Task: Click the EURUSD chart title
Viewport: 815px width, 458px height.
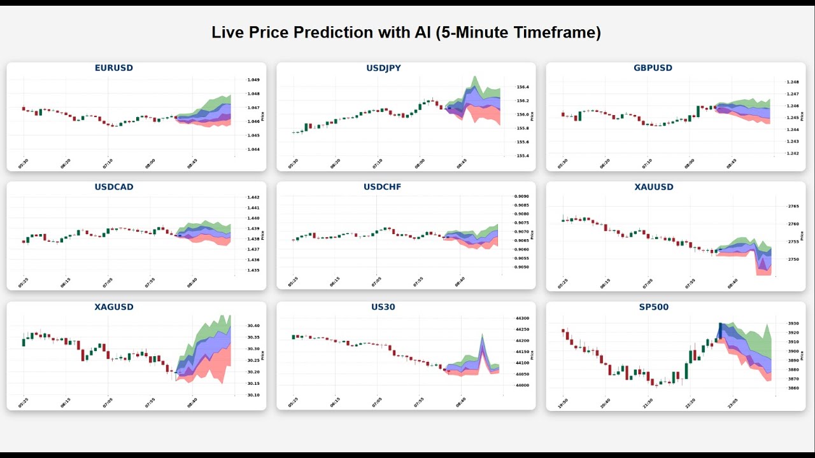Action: click(114, 68)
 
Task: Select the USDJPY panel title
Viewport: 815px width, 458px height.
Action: click(383, 68)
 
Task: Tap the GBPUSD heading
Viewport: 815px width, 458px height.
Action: click(653, 68)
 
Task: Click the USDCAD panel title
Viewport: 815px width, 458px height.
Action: click(114, 188)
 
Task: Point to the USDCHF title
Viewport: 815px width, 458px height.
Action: click(383, 188)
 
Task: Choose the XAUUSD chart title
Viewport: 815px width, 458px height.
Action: click(653, 188)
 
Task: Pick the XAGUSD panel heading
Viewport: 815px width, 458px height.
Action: click(114, 307)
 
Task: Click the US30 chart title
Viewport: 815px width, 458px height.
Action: click(383, 307)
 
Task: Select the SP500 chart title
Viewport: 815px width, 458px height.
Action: click(653, 307)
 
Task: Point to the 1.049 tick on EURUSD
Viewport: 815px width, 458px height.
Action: click(253, 80)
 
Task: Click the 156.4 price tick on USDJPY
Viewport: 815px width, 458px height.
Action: click(522, 87)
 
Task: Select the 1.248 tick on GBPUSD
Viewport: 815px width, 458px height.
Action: click(792, 82)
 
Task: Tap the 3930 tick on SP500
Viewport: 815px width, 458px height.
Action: click(793, 324)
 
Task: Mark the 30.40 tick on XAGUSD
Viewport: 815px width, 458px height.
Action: click(253, 326)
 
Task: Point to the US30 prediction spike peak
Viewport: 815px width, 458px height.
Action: click(482, 335)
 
